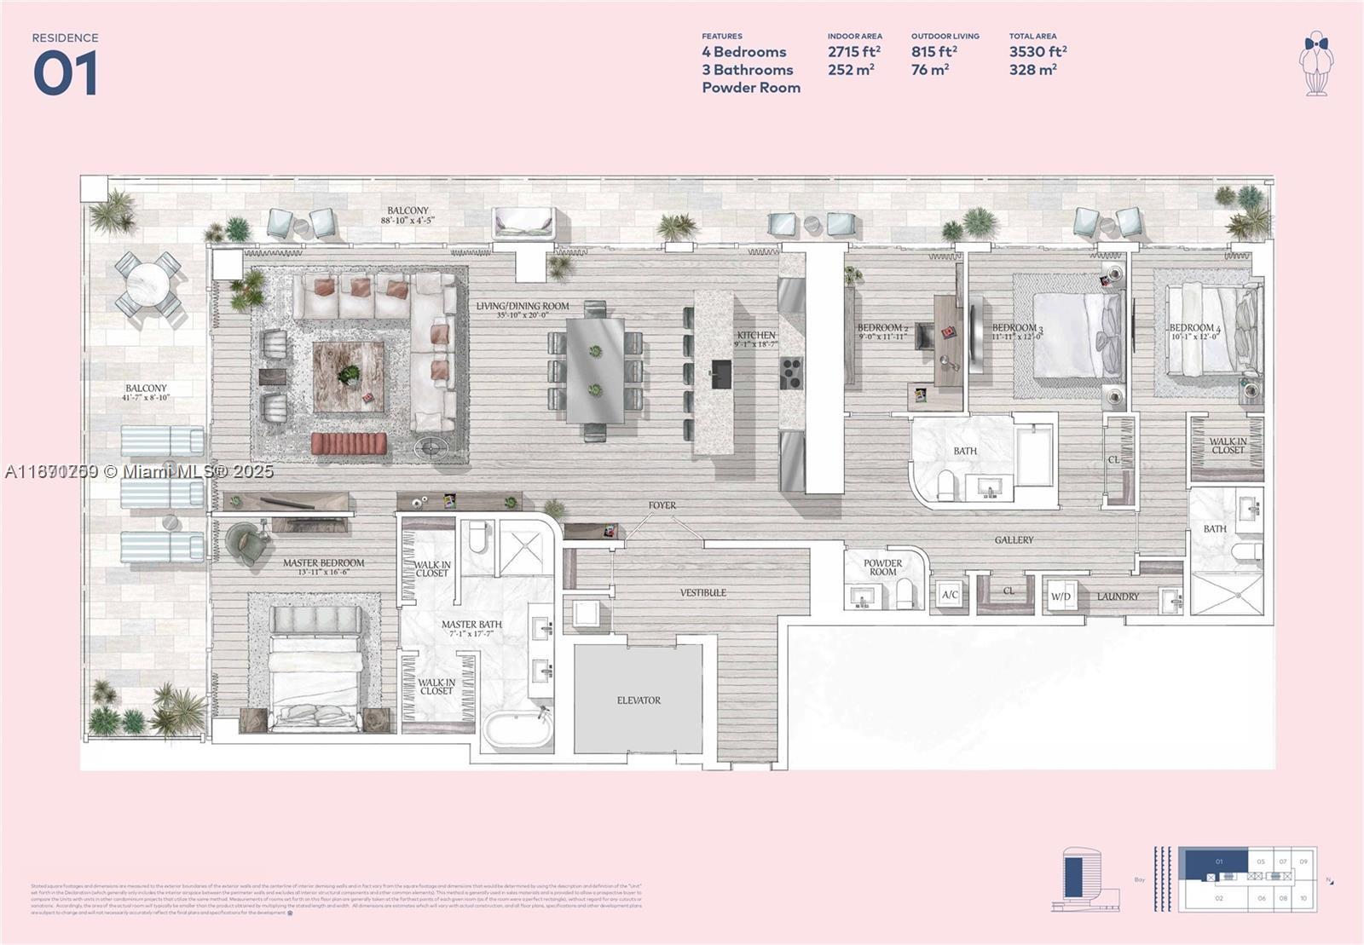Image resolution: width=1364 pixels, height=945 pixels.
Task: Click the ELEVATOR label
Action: click(639, 700)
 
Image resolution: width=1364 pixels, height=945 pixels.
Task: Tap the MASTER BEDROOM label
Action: click(323, 563)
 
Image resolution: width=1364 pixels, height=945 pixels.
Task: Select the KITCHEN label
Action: click(756, 336)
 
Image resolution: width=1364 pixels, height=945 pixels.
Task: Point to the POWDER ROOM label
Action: click(882, 568)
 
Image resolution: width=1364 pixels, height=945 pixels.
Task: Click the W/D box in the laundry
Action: click(1060, 596)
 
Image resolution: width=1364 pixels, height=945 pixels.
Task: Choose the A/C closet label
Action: click(948, 596)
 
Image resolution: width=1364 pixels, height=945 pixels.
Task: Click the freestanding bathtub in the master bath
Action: click(517, 729)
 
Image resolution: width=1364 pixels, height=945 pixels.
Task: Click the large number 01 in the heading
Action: click(66, 73)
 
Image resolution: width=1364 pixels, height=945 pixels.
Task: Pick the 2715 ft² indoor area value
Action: click(853, 52)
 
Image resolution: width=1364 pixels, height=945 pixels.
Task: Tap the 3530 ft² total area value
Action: click(1037, 52)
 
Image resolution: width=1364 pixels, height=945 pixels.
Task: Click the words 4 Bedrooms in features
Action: click(743, 52)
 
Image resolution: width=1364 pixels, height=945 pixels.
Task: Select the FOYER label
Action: click(662, 505)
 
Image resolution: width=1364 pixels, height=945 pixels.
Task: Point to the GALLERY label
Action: click(1014, 540)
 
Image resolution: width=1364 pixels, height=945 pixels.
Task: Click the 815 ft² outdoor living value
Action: click(933, 52)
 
